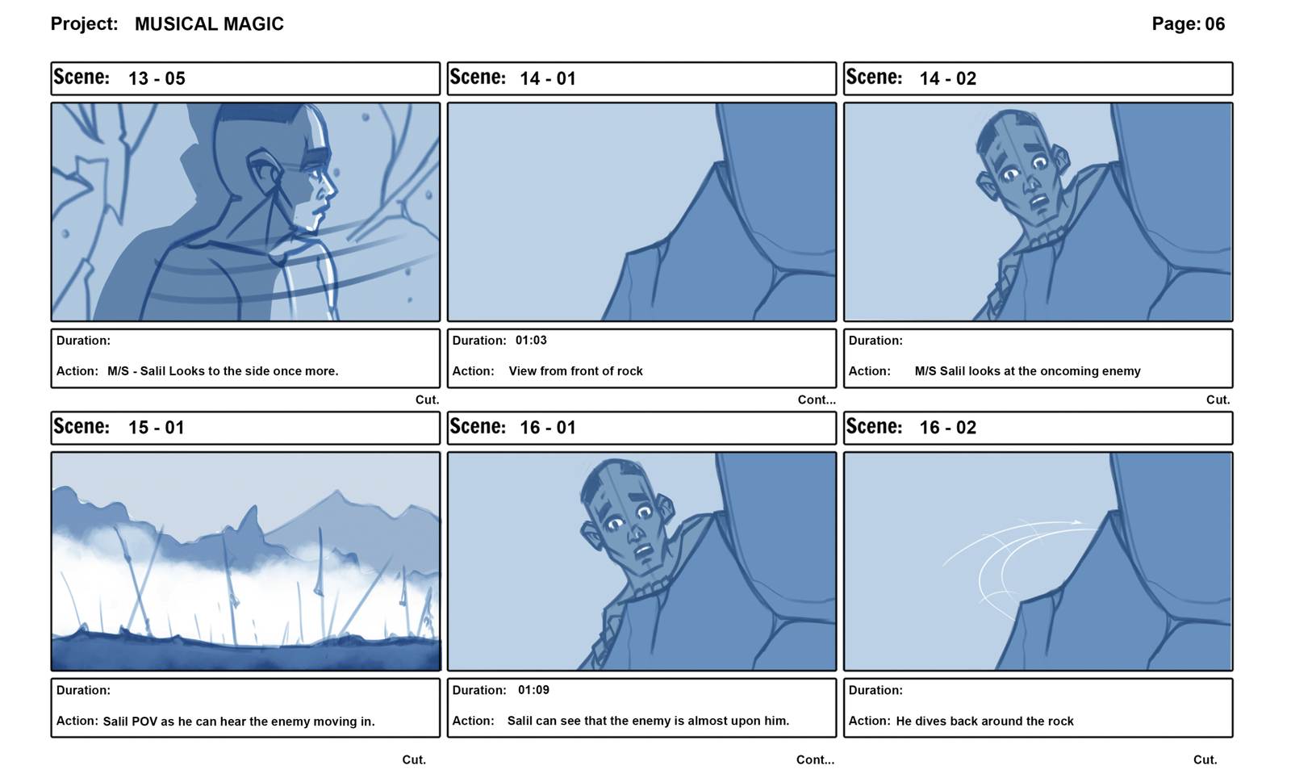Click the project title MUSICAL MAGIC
(x=209, y=24)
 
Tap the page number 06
(x=1215, y=23)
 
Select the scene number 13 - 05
(x=157, y=78)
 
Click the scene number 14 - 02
(x=948, y=78)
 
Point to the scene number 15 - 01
(x=157, y=428)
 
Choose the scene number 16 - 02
(x=948, y=428)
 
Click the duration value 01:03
(x=531, y=340)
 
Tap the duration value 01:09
(x=533, y=690)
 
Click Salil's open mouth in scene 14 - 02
(x=1040, y=202)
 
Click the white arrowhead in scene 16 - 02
(x=1076, y=522)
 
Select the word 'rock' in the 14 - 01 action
(x=630, y=371)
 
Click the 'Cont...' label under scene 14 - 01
(x=817, y=400)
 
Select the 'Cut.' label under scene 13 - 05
(x=427, y=400)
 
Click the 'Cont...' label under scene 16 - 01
(x=816, y=760)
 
